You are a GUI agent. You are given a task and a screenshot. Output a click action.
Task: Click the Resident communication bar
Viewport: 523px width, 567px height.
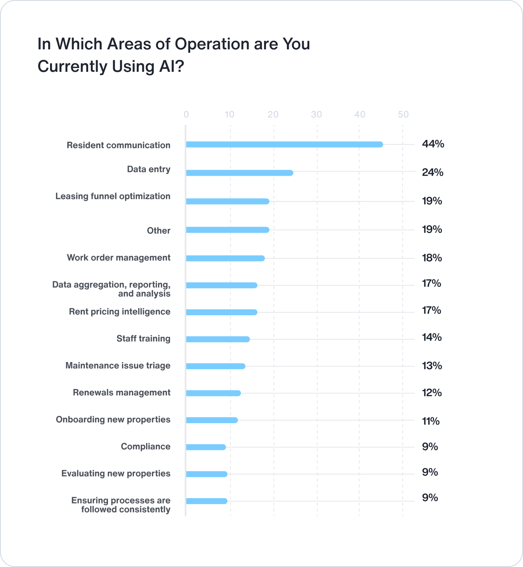tap(284, 144)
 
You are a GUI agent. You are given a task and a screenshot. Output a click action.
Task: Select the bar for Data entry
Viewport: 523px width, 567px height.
tap(239, 173)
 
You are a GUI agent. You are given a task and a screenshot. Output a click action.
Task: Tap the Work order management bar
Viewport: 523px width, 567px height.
tap(225, 258)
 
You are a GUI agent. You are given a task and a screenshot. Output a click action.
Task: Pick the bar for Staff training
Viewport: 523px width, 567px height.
tap(218, 339)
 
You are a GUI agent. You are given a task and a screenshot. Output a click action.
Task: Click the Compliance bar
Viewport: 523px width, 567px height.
tap(206, 447)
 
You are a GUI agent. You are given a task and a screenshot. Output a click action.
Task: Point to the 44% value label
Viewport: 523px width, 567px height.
tap(433, 144)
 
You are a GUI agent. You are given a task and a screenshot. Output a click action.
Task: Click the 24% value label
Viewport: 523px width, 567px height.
tap(433, 172)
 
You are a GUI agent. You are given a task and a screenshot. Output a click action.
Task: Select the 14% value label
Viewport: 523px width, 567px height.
tap(432, 337)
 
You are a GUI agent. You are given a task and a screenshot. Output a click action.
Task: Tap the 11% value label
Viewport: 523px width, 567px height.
tap(431, 421)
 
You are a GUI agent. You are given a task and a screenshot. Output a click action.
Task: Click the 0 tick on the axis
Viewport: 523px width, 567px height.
tap(186, 114)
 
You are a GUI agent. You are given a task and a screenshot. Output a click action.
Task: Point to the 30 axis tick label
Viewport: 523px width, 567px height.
tap(316, 114)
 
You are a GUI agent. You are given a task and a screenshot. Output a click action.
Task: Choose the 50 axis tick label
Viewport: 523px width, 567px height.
tap(403, 114)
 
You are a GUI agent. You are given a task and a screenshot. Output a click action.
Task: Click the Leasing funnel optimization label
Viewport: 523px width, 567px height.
tap(113, 196)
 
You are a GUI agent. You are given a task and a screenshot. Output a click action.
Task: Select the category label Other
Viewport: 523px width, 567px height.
tap(158, 230)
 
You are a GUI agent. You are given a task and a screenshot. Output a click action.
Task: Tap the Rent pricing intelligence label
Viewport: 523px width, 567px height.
tap(120, 312)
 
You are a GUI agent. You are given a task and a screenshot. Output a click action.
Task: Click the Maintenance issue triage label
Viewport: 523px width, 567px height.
tap(118, 365)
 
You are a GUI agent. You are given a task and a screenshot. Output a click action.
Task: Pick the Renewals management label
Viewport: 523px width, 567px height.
tap(121, 392)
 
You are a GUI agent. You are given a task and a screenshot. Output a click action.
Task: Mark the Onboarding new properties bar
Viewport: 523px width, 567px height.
tap(212, 420)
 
